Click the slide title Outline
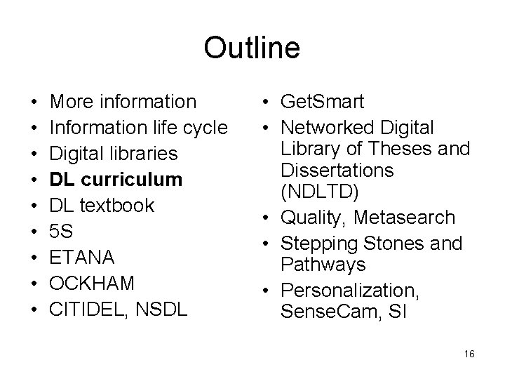tap(252, 48)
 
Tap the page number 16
tap(469, 354)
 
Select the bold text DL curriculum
tap(116, 180)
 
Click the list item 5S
tap(62, 232)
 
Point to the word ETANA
tap(83, 258)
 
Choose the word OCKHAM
tap(93, 284)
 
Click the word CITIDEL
tap(86, 310)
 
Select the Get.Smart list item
tap(322, 102)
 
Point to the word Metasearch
tap(404, 218)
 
